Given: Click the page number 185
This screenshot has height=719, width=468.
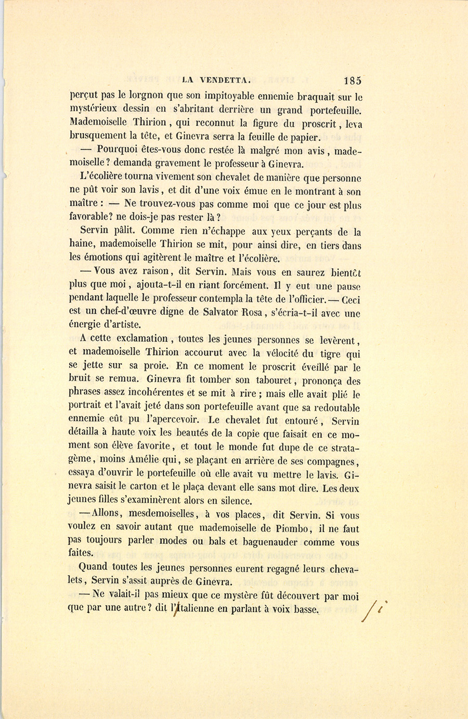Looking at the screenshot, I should click(352, 81).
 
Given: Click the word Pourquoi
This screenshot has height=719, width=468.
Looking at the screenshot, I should click(114, 150).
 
